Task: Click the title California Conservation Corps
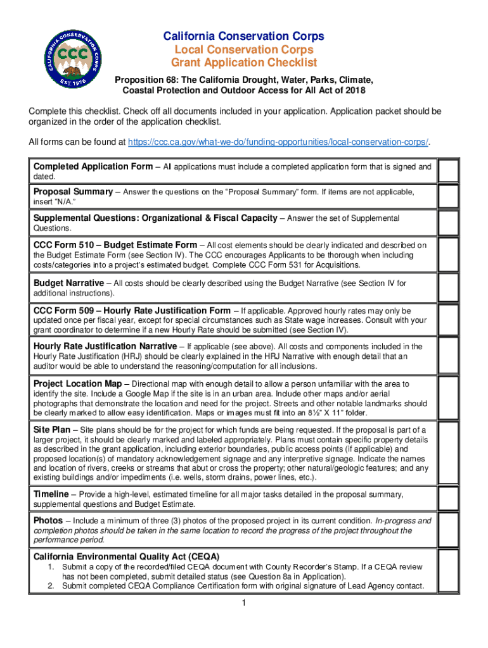tap(244, 36)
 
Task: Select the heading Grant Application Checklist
tap(244, 63)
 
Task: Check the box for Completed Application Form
tap(448, 171)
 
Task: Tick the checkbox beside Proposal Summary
tap(448, 197)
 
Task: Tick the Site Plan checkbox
tap(448, 452)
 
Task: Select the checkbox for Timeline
tap(448, 499)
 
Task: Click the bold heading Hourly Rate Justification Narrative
tap(105, 346)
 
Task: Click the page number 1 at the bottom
tap(244, 603)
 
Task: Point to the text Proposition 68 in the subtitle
tap(141, 80)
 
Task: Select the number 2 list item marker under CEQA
tap(51, 586)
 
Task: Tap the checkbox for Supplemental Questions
tap(448, 223)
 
